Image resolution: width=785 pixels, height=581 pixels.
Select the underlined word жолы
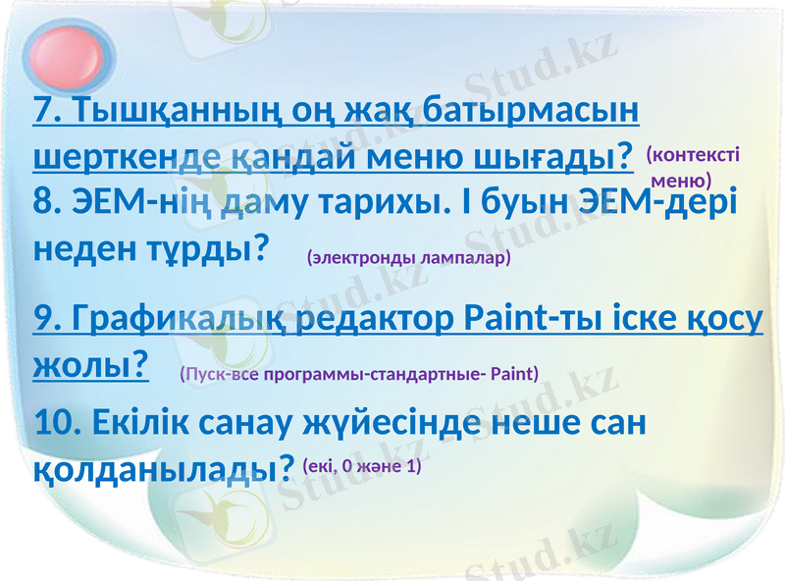pyautogui.click(x=85, y=365)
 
